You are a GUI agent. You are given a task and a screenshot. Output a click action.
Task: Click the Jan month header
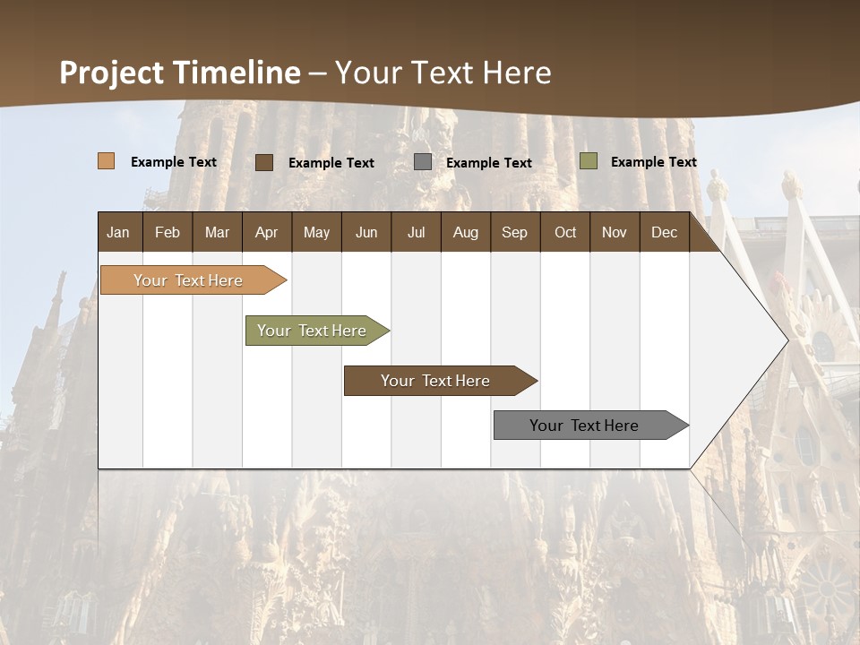coord(118,233)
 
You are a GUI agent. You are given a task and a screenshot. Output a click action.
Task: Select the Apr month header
coord(266,233)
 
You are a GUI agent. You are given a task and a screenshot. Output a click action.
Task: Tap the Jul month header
coord(416,233)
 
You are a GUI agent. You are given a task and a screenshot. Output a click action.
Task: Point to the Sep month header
coord(514,233)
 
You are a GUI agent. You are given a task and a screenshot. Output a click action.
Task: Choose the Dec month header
coord(664,233)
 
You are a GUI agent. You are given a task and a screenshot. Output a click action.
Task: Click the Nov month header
coord(614,233)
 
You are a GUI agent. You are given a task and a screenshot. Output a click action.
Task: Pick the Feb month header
coord(168,233)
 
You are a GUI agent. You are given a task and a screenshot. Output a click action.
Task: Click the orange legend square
coord(107,161)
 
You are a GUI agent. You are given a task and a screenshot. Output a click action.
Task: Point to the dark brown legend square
coord(264,162)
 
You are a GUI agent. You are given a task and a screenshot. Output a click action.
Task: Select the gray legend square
coord(423,162)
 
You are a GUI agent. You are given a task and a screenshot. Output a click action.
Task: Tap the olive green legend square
coord(589,161)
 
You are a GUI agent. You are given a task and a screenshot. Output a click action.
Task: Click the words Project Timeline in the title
coord(180,73)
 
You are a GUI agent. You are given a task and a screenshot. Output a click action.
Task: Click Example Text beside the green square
coord(653,162)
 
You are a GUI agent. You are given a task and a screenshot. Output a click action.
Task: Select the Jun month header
coord(366,233)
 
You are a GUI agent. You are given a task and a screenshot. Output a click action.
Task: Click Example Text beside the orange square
coord(174,162)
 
